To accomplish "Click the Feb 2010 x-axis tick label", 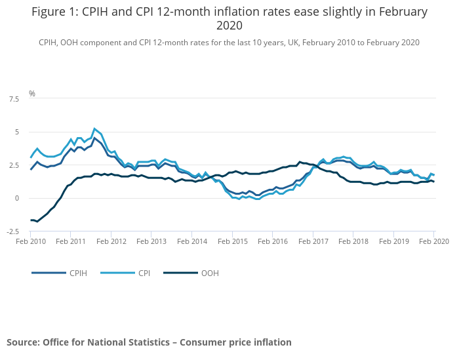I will pyautogui.click(x=31, y=242).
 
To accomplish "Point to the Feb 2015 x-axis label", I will pyautogui.click(x=232, y=242).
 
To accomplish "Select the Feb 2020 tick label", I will pyautogui.click(x=433, y=242).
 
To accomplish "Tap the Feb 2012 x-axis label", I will pyautogui.click(x=111, y=242).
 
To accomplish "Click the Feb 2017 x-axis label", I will pyautogui.click(x=313, y=242).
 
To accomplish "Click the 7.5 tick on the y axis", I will pyautogui.click(x=14, y=99).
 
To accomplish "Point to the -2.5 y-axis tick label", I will pyautogui.click(x=12, y=231).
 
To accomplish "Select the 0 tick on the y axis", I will pyautogui.click(x=18, y=198).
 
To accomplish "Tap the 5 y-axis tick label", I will pyautogui.click(x=18, y=132).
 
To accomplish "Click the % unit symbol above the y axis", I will pyautogui.click(x=32, y=94).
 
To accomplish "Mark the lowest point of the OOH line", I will pyautogui.click(x=37, y=222).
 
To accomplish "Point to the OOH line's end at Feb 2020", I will pyautogui.click(x=433, y=182).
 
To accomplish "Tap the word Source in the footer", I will pyautogui.click(x=22, y=342).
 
